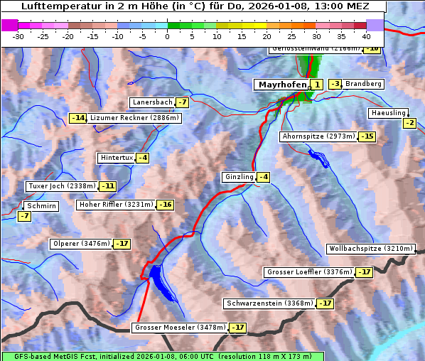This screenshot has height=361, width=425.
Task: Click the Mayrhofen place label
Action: point(281,85)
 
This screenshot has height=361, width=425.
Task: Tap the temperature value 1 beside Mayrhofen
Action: point(316,85)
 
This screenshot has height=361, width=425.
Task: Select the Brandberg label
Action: point(363,84)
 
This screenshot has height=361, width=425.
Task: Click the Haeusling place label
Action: point(388,113)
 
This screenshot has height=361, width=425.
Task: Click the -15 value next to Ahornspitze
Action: point(366,136)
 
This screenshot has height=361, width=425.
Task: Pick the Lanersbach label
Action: point(152,102)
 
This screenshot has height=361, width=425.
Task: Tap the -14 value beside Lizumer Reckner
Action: point(77,117)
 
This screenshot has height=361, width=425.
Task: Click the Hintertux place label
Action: point(117,157)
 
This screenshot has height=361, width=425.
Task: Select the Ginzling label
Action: point(238,177)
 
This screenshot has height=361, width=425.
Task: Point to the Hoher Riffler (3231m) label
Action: point(115,205)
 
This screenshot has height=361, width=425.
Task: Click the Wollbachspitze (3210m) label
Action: point(370,249)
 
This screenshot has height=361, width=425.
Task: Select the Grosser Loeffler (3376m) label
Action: point(308,272)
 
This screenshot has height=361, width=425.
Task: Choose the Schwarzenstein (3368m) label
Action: point(269,303)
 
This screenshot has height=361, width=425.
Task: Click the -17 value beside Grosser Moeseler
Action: point(237,328)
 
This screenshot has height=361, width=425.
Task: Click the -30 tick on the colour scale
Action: point(18,36)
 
